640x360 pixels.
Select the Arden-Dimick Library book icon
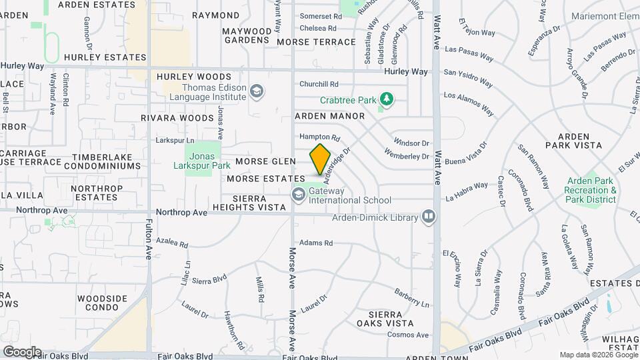[x=429, y=217]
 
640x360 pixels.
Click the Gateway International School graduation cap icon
[x=298, y=194]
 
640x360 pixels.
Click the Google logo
[x=22, y=352]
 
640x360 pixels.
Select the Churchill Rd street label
[x=319, y=84]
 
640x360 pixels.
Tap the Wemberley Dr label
[x=407, y=157]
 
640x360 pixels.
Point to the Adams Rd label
[x=315, y=243]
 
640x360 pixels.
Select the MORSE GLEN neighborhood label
[x=265, y=162]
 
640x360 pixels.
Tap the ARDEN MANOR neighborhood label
[x=330, y=116]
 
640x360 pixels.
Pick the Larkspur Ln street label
[x=175, y=141]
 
